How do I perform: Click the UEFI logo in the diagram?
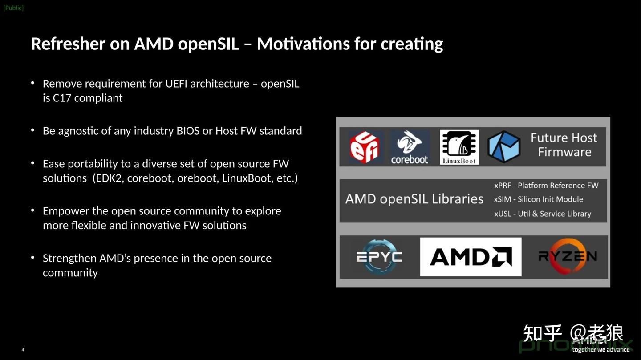[x=364, y=147]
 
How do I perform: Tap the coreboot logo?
[x=410, y=147]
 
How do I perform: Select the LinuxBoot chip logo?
[x=459, y=147]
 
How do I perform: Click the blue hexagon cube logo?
[x=504, y=147]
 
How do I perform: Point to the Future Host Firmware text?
[x=564, y=145]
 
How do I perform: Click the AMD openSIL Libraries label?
[x=414, y=199]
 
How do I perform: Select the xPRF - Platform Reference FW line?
[x=546, y=186]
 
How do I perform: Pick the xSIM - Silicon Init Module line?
[x=538, y=199]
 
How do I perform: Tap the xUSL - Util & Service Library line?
[x=542, y=214]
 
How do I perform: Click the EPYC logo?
[x=379, y=256]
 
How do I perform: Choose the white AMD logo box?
[x=471, y=257]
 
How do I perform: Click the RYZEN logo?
[x=567, y=256]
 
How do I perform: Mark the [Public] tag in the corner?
[x=13, y=8]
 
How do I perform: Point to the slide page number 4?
[x=23, y=350]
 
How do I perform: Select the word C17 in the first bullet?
[x=62, y=98]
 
